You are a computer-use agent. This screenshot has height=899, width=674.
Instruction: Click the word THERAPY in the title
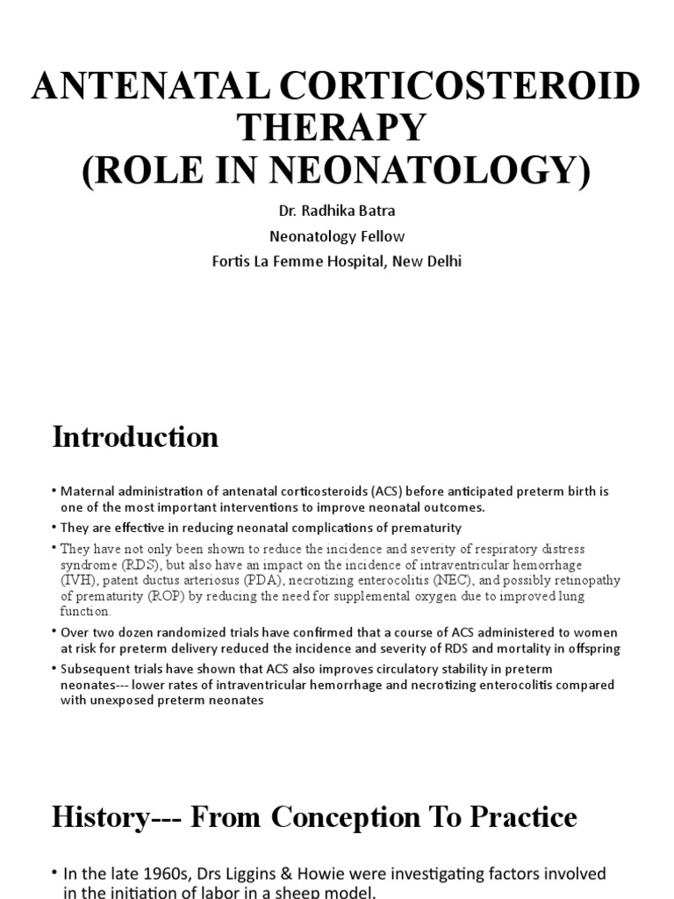click(337, 127)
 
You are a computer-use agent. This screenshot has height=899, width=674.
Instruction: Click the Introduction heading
click(135, 437)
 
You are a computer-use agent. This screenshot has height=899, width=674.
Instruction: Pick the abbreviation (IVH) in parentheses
click(76, 580)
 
